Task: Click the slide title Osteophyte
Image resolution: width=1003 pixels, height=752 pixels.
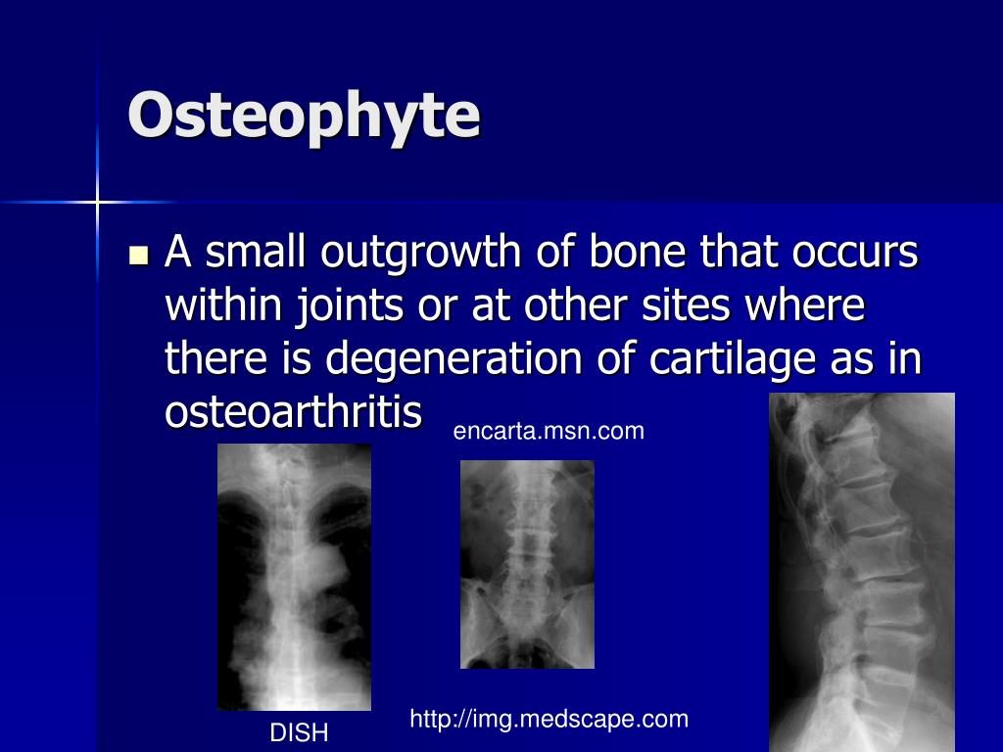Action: click(304, 117)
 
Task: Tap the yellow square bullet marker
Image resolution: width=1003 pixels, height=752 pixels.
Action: click(138, 257)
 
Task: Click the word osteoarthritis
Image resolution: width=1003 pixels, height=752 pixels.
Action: click(294, 412)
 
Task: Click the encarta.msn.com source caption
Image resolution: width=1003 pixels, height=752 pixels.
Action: click(549, 431)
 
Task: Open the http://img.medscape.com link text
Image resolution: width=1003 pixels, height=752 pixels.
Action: click(549, 720)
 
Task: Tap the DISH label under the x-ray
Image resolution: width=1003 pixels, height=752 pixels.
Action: click(299, 732)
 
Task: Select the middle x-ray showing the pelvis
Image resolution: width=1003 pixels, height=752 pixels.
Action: click(527, 564)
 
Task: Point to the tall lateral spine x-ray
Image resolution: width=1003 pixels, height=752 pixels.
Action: click(862, 572)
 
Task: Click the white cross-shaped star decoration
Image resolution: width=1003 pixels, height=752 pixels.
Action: click(97, 203)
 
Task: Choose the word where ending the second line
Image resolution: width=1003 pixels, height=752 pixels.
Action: click(806, 306)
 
